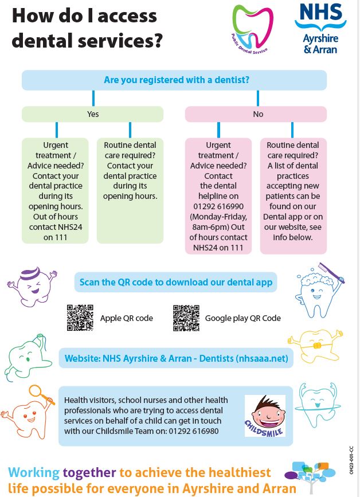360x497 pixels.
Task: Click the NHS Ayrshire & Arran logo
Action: pyautogui.click(x=324, y=28)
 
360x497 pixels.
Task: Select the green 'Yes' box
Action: pyautogui.click(x=93, y=114)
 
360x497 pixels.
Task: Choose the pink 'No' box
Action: pyautogui.click(x=258, y=114)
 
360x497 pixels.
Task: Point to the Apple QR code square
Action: pyautogui.click(x=80, y=318)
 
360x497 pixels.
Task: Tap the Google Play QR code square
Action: pyautogui.click(x=186, y=318)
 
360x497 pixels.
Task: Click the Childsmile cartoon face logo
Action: pyautogui.click(x=265, y=416)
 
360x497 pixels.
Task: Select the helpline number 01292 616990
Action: pyautogui.click(x=218, y=207)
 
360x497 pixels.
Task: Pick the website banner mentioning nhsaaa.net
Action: pyautogui.click(x=176, y=359)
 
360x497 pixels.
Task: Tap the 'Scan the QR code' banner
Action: pyautogui.click(x=176, y=282)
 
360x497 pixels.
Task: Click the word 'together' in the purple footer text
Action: pyautogui.click(x=89, y=473)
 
